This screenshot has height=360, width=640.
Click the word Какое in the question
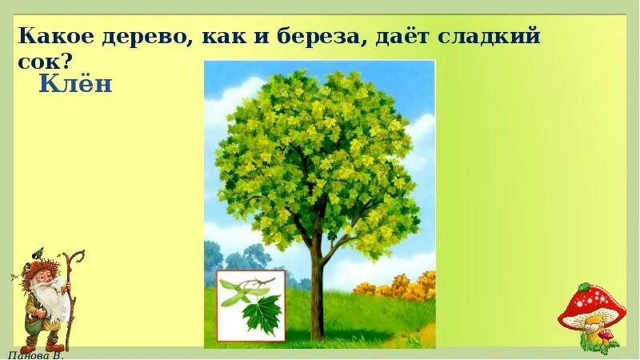click(x=52, y=36)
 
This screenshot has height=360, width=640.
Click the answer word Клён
click(x=75, y=84)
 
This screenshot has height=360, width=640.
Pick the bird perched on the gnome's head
click(x=33, y=255)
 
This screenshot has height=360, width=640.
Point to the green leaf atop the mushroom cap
click(x=587, y=286)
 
